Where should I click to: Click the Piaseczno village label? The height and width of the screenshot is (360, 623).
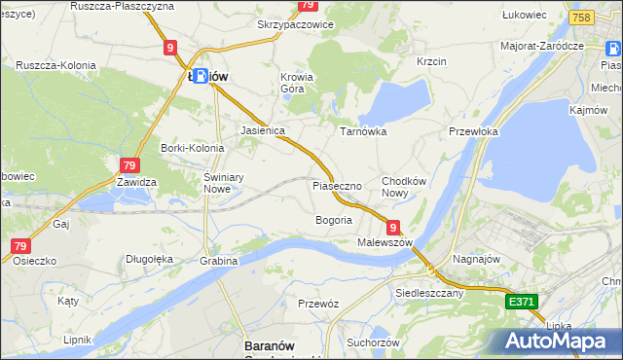click(337, 185)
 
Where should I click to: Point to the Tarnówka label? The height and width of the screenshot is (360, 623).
click(363, 130)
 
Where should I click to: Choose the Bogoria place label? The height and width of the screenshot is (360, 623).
click(333, 220)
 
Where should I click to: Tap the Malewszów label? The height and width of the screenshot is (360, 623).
click(385, 241)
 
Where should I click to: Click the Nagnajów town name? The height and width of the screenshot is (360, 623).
click(477, 260)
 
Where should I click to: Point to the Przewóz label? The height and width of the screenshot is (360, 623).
click(318, 304)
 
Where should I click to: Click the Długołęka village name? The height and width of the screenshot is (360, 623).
click(149, 259)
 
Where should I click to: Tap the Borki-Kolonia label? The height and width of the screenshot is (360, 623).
click(192, 148)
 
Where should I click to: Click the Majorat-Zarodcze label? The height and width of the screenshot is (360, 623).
click(541, 45)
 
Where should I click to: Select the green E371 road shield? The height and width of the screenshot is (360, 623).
click(522, 303)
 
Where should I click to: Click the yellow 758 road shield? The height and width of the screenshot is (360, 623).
click(582, 18)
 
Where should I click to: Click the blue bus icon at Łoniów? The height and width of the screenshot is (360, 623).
click(199, 75)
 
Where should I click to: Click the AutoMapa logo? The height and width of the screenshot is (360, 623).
click(556, 342)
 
